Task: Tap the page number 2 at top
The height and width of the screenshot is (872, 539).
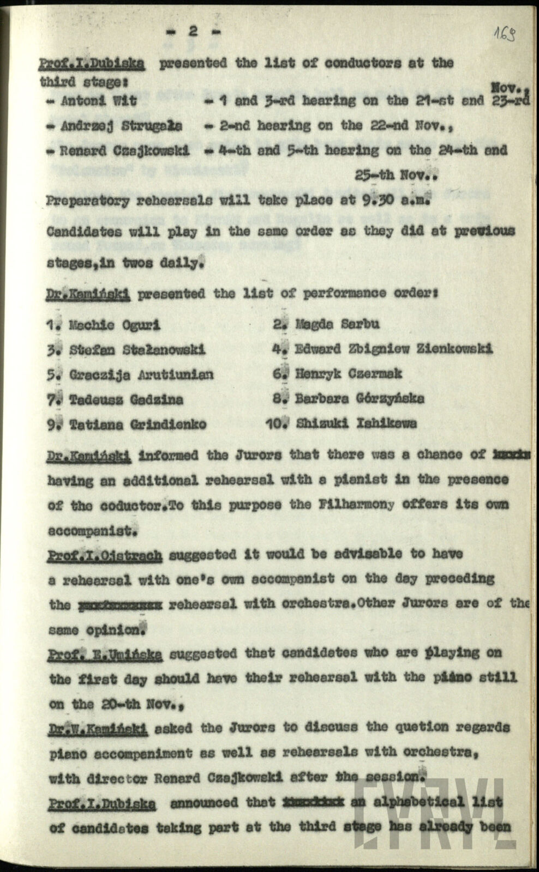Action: tap(193, 32)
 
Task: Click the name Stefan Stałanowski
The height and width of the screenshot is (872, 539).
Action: tap(137, 350)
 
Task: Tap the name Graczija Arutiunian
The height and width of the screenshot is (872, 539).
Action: tap(141, 374)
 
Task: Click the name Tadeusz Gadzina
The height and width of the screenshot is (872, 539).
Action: tap(126, 399)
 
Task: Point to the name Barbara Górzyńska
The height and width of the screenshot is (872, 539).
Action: tap(360, 398)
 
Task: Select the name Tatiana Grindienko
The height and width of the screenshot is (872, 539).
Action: tap(137, 424)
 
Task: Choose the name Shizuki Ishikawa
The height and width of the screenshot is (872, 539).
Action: tap(356, 423)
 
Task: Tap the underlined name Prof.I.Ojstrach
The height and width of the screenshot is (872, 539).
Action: tap(105, 555)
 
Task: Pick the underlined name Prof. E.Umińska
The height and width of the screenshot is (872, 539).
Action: tap(105, 654)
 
